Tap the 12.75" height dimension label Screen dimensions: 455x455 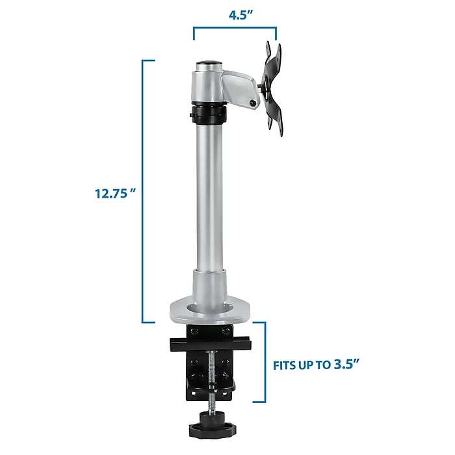click(x=115, y=193)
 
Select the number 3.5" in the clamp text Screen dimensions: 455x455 click(x=347, y=364)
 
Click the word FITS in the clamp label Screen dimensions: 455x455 click(x=284, y=365)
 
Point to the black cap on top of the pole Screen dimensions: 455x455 click(x=209, y=62)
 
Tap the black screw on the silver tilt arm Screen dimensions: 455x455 click(x=253, y=103)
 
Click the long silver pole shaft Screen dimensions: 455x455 click(x=210, y=198)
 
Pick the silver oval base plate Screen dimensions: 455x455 click(x=209, y=312)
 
